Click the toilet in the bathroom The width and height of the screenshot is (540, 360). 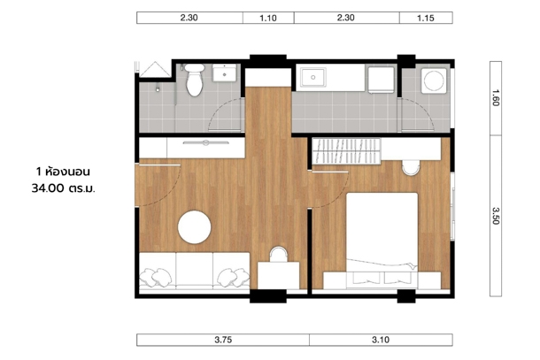point(194,80)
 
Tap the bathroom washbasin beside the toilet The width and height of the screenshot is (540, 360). point(224,73)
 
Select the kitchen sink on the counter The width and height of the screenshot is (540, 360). point(312,78)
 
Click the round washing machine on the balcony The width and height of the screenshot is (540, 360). point(434,80)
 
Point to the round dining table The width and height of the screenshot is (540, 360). point(194,227)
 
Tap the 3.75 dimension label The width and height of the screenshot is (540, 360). point(223,340)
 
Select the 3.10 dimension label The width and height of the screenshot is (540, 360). point(381,340)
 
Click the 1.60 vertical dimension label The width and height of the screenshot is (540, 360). point(496,98)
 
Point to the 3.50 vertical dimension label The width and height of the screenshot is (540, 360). point(496,216)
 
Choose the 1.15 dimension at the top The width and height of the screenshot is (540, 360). point(426,18)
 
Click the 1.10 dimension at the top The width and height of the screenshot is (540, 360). point(268,18)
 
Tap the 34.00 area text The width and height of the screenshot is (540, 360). point(48,188)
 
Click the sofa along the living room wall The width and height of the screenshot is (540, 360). point(194,271)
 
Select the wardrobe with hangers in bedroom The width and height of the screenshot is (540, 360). point(346,150)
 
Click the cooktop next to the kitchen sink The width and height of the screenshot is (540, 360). point(381,80)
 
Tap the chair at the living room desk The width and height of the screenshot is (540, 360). point(278,254)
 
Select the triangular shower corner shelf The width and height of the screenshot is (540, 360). point(155,69)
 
